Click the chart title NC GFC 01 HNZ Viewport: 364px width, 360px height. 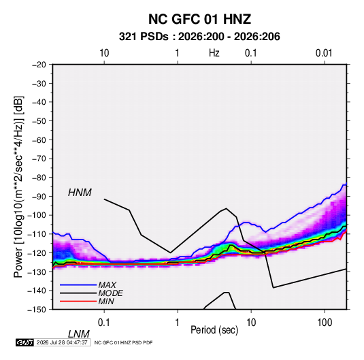[x=199, y=19]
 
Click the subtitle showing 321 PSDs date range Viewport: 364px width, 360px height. [x=199, y=37]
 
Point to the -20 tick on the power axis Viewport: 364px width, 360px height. [x=39, y=65]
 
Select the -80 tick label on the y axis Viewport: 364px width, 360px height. [x=39, y=178]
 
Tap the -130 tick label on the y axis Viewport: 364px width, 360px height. [x=37, y=272]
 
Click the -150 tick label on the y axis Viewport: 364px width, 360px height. [x=37, y=310]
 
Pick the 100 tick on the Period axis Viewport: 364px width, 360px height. [x=325, y=323]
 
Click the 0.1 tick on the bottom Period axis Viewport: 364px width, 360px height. [x=104, y=323]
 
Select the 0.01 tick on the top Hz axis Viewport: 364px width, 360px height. [x=324, y=53]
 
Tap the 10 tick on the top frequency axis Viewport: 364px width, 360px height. [x=104, y=53]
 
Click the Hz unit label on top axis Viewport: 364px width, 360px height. [x=214, y=53]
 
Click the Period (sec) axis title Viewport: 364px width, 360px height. [x=214, y=330]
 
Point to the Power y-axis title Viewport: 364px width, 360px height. [x=18, y=187]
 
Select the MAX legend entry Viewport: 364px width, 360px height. [x=107, y=284]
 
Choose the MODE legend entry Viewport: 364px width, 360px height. [x=110, y=293]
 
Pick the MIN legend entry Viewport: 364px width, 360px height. [x=106, y=301]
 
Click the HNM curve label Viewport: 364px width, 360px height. [x=80, y=193]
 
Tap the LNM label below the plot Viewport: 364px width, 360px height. [x=78, y=334]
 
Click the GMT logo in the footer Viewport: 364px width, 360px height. [x=25, y=342]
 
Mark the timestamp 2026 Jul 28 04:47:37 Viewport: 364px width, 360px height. [x=62, y=342]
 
